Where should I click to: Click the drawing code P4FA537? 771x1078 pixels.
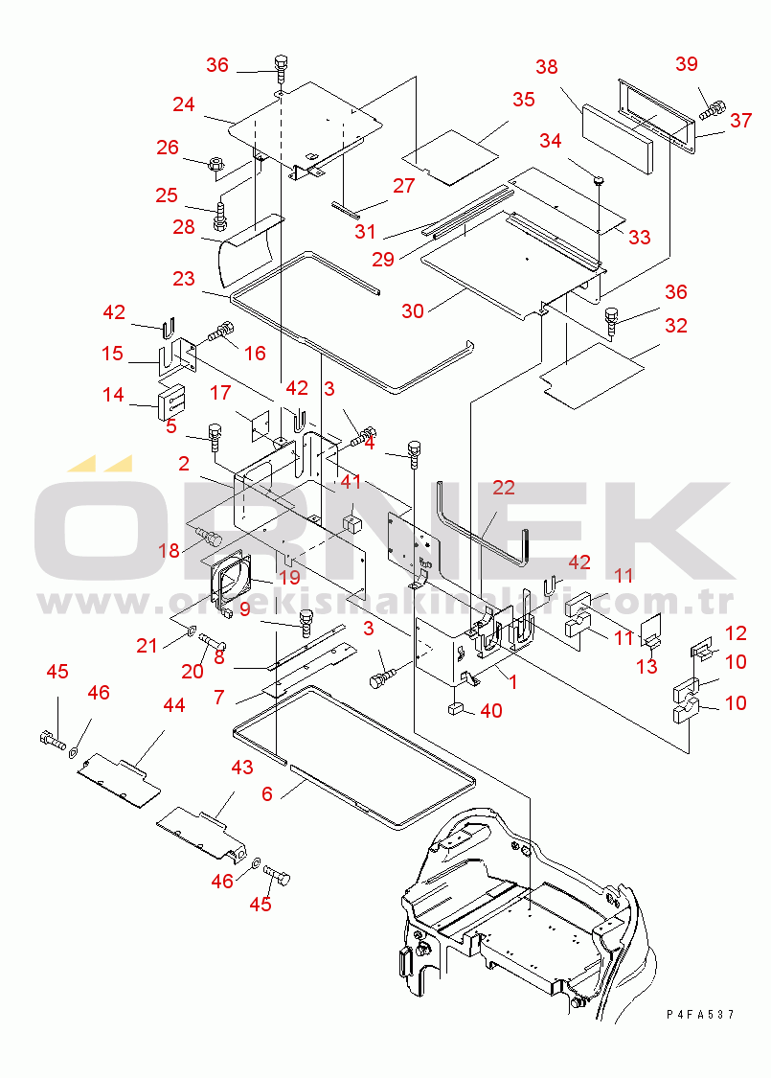(x=700, y=1014)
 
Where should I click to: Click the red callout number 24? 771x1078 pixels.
(x=184, y=104)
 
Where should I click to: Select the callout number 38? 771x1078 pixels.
(x=547, y=67)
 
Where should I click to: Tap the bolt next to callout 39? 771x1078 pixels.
(x=713, y=109)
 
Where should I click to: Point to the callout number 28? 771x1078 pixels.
(x=184, y=227)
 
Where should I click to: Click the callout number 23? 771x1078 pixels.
(x=184, y=279)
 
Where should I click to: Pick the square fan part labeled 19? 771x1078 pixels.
(x=228, y=579)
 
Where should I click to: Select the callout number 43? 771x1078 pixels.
(x=242, y=767)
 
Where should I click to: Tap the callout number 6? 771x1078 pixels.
(x=267, y=794)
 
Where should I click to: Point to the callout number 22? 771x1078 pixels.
(x=504, y=488)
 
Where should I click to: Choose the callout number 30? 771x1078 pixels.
(x=412, y=310)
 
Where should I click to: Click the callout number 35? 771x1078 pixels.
(x=524, y=99)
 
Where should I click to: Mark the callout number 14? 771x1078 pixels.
(x=113, y=395)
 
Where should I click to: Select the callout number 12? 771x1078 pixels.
(x=736, y=632)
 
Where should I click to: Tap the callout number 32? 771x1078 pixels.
(x=676, y=325)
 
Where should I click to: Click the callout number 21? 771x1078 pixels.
(x=147, y=646)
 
